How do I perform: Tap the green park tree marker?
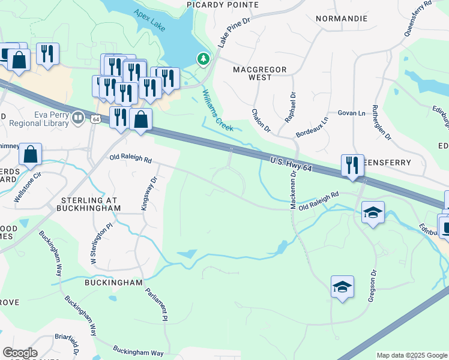[204, 59]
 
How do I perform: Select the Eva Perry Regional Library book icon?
[77, 118]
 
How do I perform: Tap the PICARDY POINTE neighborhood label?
[222, 5]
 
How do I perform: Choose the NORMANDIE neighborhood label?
[342, 19]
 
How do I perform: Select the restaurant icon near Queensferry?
[352, 165]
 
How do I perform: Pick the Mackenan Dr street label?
[294, 190]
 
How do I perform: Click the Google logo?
[20, 353]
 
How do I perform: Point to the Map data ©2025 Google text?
[412, 355]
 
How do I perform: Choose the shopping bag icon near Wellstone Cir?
[30, 155]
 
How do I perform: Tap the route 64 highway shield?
[95, 119]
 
